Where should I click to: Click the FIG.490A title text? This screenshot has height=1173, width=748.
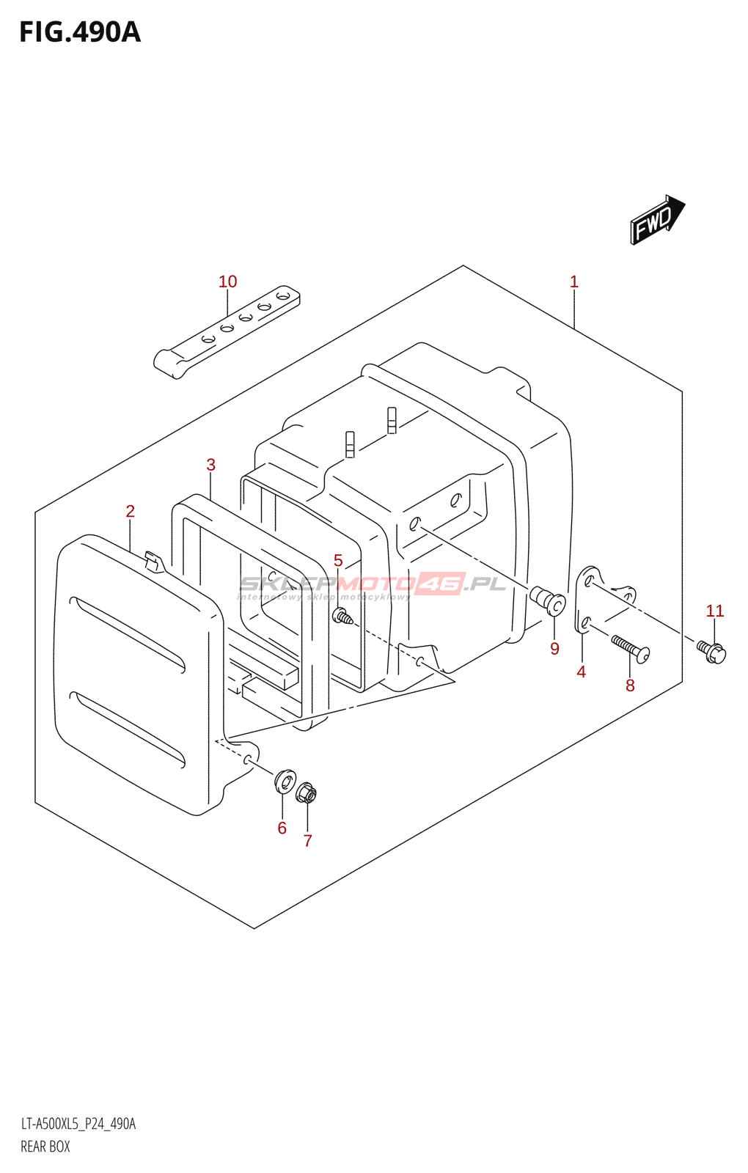coord(79,32)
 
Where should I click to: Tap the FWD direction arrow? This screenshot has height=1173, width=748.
coord(656,219)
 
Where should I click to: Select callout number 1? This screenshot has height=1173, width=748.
coord(574,282)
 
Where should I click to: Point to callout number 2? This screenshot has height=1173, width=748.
coord(131,511)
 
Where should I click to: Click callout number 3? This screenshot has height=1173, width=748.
coord(211,465)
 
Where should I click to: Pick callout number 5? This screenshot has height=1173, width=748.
coord(338,561)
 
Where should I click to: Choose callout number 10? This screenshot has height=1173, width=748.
coord(228,282)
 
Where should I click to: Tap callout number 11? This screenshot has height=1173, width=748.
coord(715,611)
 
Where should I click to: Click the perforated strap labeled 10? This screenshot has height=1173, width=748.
coord(227,331)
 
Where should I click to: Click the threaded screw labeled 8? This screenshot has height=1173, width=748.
coord(630,648)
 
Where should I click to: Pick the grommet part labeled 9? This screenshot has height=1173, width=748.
coord(548,599)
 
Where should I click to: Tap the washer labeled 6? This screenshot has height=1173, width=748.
coord(285,781)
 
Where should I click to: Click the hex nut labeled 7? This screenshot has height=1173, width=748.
coord(306,792)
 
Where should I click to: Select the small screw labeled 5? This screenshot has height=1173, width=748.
coord(342,617)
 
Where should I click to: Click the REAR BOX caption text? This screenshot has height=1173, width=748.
coord(45,1147)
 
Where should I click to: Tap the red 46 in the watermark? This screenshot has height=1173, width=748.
coord(441,584)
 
